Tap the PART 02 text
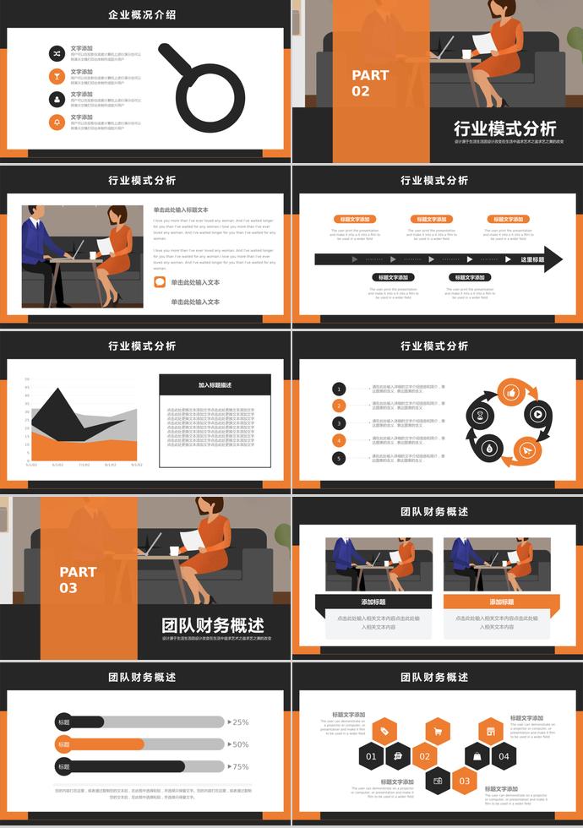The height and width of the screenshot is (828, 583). [x=370, y=83]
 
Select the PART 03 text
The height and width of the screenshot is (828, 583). [x=78, y=580]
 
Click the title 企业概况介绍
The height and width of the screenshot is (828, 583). [x=142, y=14]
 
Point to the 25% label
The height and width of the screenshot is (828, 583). [x=240, y=722]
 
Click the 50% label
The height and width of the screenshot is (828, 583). [x=240, y=744]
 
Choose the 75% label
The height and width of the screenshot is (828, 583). [x=240, y=766]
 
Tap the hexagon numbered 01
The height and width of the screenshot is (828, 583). [x=371, y=756]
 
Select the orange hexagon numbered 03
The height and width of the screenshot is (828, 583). [x=464, y=782]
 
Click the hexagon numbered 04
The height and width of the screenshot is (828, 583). [x=504, y=756]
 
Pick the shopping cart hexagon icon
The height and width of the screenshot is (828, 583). [x=438, y=732]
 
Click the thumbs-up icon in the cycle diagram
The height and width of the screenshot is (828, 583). [x=510, y=392]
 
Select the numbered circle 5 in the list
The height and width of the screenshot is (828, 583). [x=339, y=458]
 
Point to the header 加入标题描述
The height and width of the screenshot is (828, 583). [x=215, y=385]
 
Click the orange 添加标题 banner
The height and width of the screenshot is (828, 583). [x=501, y=602]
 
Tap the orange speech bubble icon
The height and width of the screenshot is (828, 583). [x=160, y=282]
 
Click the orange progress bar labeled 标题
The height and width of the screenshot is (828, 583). [x=100, y=744]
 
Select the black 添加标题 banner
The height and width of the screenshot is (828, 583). [x=373, y=602]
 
